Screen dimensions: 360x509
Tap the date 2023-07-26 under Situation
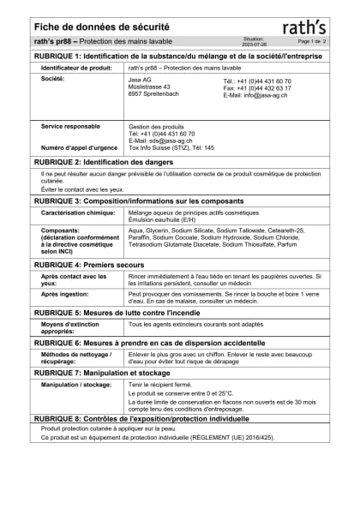click(255, 43)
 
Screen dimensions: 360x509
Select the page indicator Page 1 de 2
click(313, 41)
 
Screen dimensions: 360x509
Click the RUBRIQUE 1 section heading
click(181, 55)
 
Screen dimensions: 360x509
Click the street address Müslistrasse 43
click(149, 87)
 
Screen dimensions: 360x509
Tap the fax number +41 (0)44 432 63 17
click(257, 87)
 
